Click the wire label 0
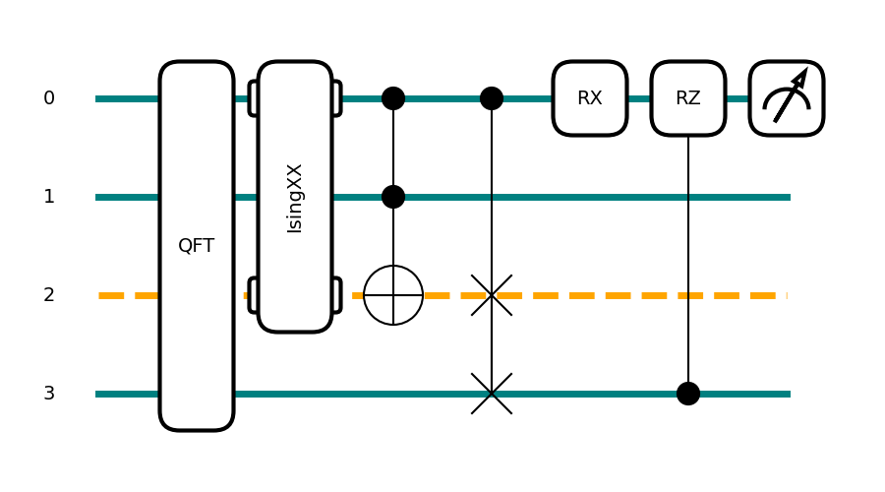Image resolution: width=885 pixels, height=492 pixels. point(49,98)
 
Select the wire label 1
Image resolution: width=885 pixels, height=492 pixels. point(49,197)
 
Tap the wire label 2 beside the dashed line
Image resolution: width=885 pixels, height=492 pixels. point(49,295)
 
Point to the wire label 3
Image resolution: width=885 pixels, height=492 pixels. point(49,394)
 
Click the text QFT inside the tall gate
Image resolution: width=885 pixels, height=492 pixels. point(197,246)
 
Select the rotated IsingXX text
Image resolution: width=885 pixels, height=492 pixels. point(295,198)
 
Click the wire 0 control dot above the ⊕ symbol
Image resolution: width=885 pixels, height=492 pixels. point(393,98)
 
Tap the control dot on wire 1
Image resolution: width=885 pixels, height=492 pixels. point(393,197)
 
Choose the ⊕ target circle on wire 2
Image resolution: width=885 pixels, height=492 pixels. point(393,295)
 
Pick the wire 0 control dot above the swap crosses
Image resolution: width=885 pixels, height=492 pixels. point(492,98)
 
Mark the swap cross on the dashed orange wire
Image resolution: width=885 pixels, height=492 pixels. point(492,295)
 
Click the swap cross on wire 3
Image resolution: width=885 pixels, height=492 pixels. point(492,394)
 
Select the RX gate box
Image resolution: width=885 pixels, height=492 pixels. point(590,98)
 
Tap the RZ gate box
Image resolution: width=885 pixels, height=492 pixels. point(688,98)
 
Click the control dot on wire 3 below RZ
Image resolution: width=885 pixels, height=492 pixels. point(688,394)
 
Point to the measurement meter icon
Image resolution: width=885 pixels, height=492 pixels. point(787,98)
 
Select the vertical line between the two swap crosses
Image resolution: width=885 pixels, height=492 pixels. point(492,344)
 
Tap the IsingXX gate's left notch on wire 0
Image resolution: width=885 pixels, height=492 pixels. point(253,98)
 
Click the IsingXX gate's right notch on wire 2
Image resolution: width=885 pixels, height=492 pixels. point(337,295)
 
